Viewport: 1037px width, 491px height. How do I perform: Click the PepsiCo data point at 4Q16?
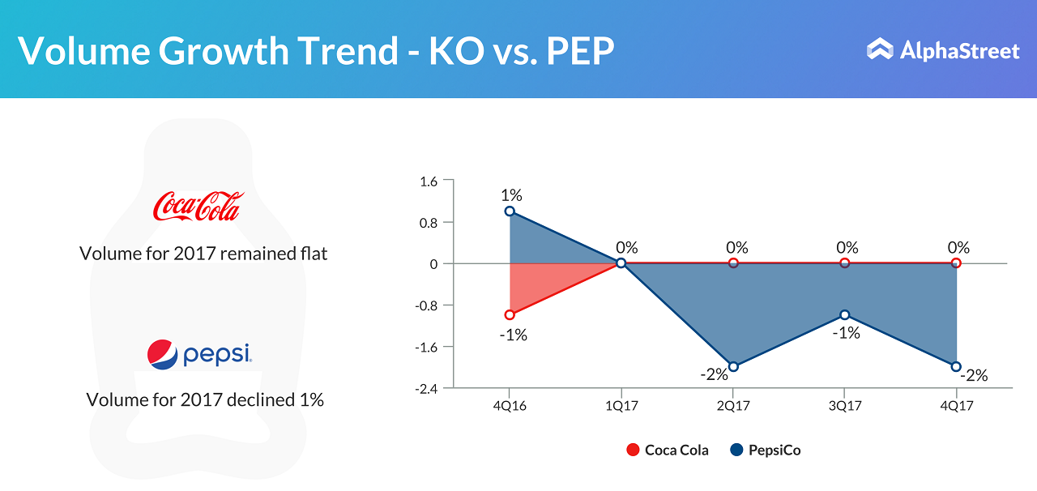[x=510, y=211]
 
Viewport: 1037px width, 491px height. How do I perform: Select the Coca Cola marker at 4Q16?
[x=510, y=315]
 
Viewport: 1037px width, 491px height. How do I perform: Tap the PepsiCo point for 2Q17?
[x=733, y=367]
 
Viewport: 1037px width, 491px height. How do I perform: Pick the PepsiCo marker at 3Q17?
[x=844, y=315]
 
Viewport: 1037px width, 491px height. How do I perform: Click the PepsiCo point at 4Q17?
[x=956, y=367]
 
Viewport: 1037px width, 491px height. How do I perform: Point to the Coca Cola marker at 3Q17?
[x=844, y=263]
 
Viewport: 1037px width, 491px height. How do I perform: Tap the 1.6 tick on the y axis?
[x=429, y=181]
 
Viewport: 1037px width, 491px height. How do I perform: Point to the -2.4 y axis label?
[x=425, y=388]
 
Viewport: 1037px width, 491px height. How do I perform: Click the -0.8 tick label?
[x=425, y=305]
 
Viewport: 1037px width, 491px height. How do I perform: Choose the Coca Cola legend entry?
[x=668, y=450]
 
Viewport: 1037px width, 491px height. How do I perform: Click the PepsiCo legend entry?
[x=766, y=450]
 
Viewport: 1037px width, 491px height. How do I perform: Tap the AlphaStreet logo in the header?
[x=942, y=51]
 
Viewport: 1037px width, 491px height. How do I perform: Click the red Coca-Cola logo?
[x=198, y=207]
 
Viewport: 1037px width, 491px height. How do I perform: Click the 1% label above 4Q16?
[x=511, y=195]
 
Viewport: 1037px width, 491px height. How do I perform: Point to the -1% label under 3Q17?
[x=846, y=332]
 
